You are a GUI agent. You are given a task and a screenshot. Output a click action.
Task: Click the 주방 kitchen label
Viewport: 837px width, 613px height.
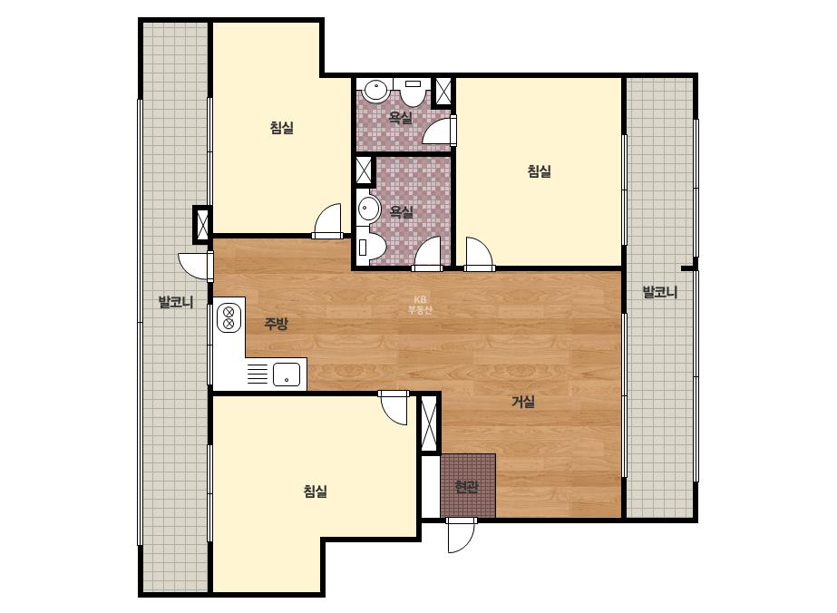(276, 324)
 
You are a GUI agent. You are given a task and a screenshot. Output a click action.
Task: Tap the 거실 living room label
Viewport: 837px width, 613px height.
(523, 402)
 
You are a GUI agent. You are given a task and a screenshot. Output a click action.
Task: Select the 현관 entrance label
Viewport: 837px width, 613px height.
(466, 487)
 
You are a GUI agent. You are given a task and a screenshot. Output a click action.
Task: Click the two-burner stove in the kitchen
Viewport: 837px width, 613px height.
(229, 317)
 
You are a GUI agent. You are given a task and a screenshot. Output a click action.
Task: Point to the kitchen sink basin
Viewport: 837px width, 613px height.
(287, 375)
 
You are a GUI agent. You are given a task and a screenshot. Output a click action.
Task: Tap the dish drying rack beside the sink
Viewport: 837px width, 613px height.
(258, 374)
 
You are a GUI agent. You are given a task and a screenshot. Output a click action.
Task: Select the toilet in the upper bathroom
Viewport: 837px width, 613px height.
(413, 92)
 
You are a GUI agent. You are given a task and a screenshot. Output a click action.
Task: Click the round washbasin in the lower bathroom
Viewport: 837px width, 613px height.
(368, 209)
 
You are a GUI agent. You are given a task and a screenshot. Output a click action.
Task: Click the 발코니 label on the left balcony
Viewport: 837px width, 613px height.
(176, 302)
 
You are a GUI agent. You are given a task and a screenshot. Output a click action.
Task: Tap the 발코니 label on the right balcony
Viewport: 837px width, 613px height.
(660, 292)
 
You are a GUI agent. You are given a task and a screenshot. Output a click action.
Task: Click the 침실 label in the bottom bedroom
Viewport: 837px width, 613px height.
(315, 491)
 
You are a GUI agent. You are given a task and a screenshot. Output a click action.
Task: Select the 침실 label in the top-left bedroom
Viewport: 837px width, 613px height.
(282, 128)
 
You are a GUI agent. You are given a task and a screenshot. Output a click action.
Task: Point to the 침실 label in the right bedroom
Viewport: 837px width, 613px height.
(540, 171)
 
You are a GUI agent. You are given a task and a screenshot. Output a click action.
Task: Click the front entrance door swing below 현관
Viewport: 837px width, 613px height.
(462, 535)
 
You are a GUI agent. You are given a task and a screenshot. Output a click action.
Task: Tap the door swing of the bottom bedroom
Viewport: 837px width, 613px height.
(394, 408)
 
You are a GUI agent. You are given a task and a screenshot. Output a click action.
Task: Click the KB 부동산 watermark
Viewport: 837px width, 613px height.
(420, 305)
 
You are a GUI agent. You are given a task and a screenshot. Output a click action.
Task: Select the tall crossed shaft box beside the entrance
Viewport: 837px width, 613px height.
(429, 423)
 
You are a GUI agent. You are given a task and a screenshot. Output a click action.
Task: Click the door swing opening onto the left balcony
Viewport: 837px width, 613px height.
(195, 266)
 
